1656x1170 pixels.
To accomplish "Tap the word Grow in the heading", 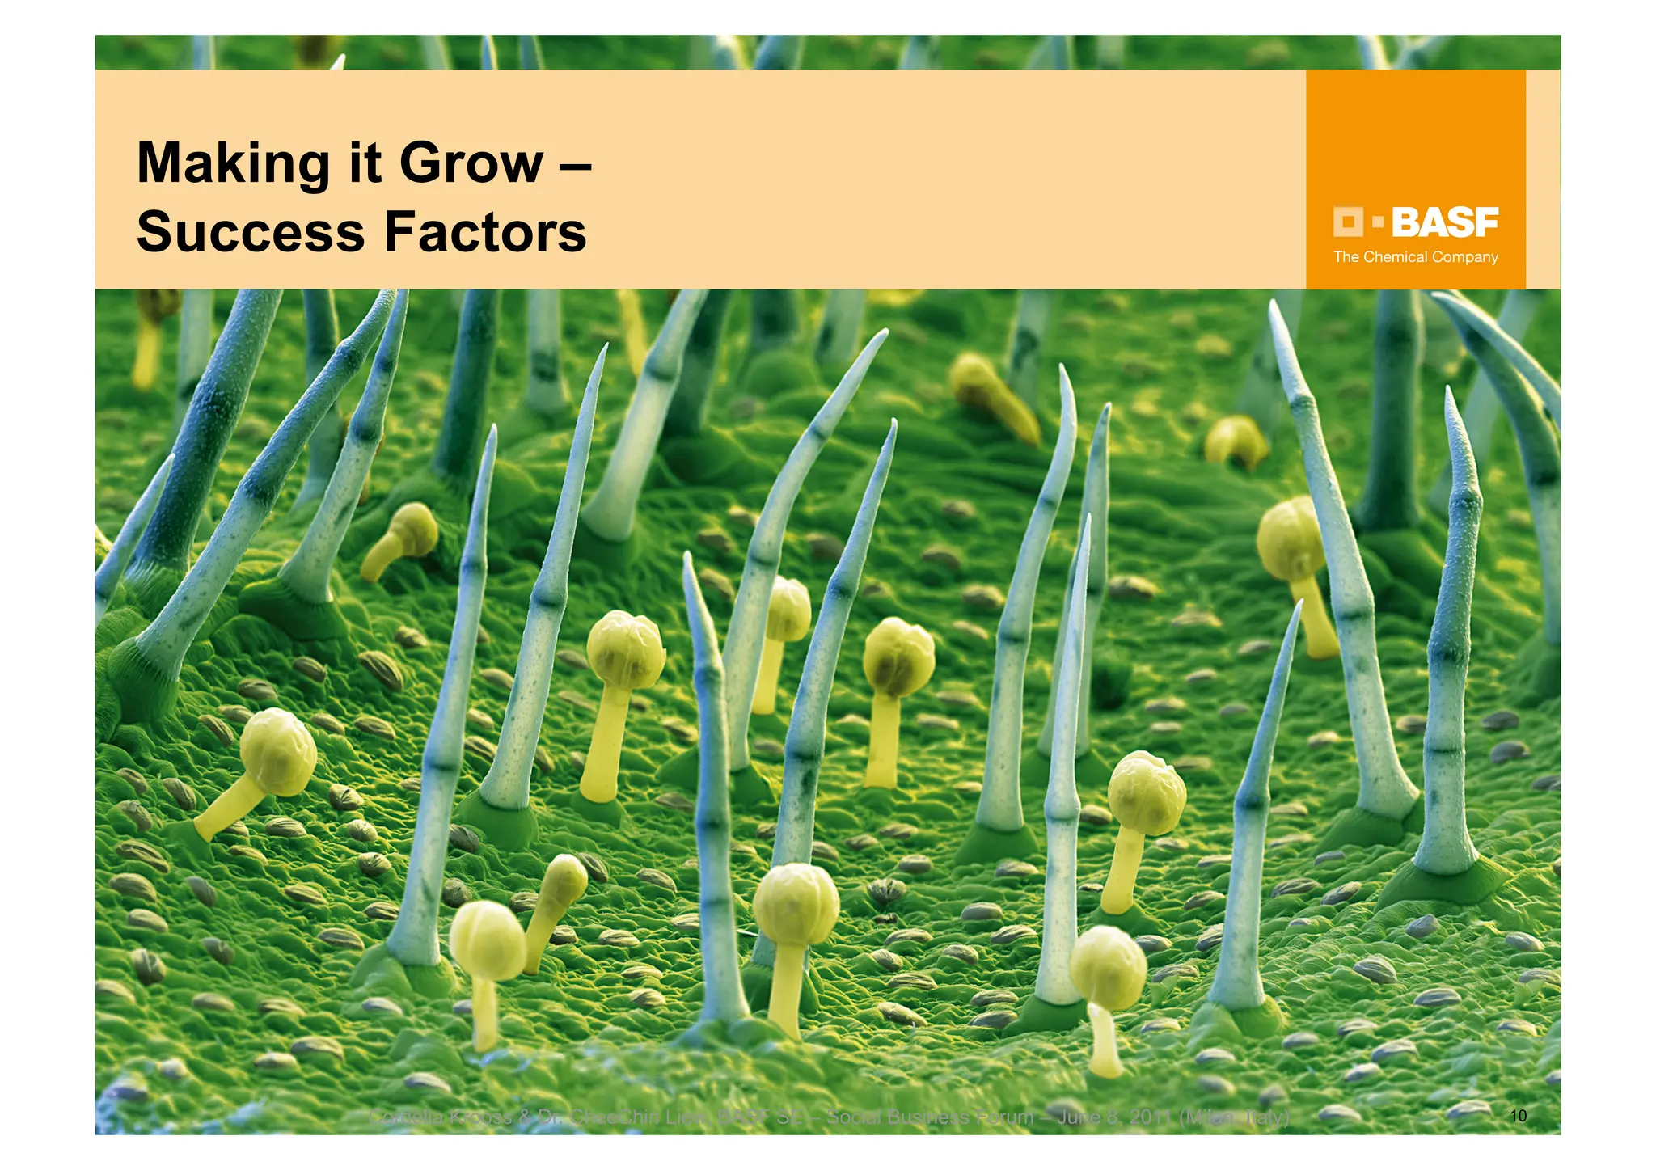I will [471, 164].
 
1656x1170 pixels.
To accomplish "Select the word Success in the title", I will [251, 233].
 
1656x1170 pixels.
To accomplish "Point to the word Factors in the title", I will [485, 233].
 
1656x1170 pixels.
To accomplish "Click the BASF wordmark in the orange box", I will [1444, 222].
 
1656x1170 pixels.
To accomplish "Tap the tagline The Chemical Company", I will [1415, 257].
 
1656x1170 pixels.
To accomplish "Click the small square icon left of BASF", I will [1347, 222].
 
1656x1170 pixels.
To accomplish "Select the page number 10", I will [1518, 1117].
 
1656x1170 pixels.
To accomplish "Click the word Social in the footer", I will [853, 1117].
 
